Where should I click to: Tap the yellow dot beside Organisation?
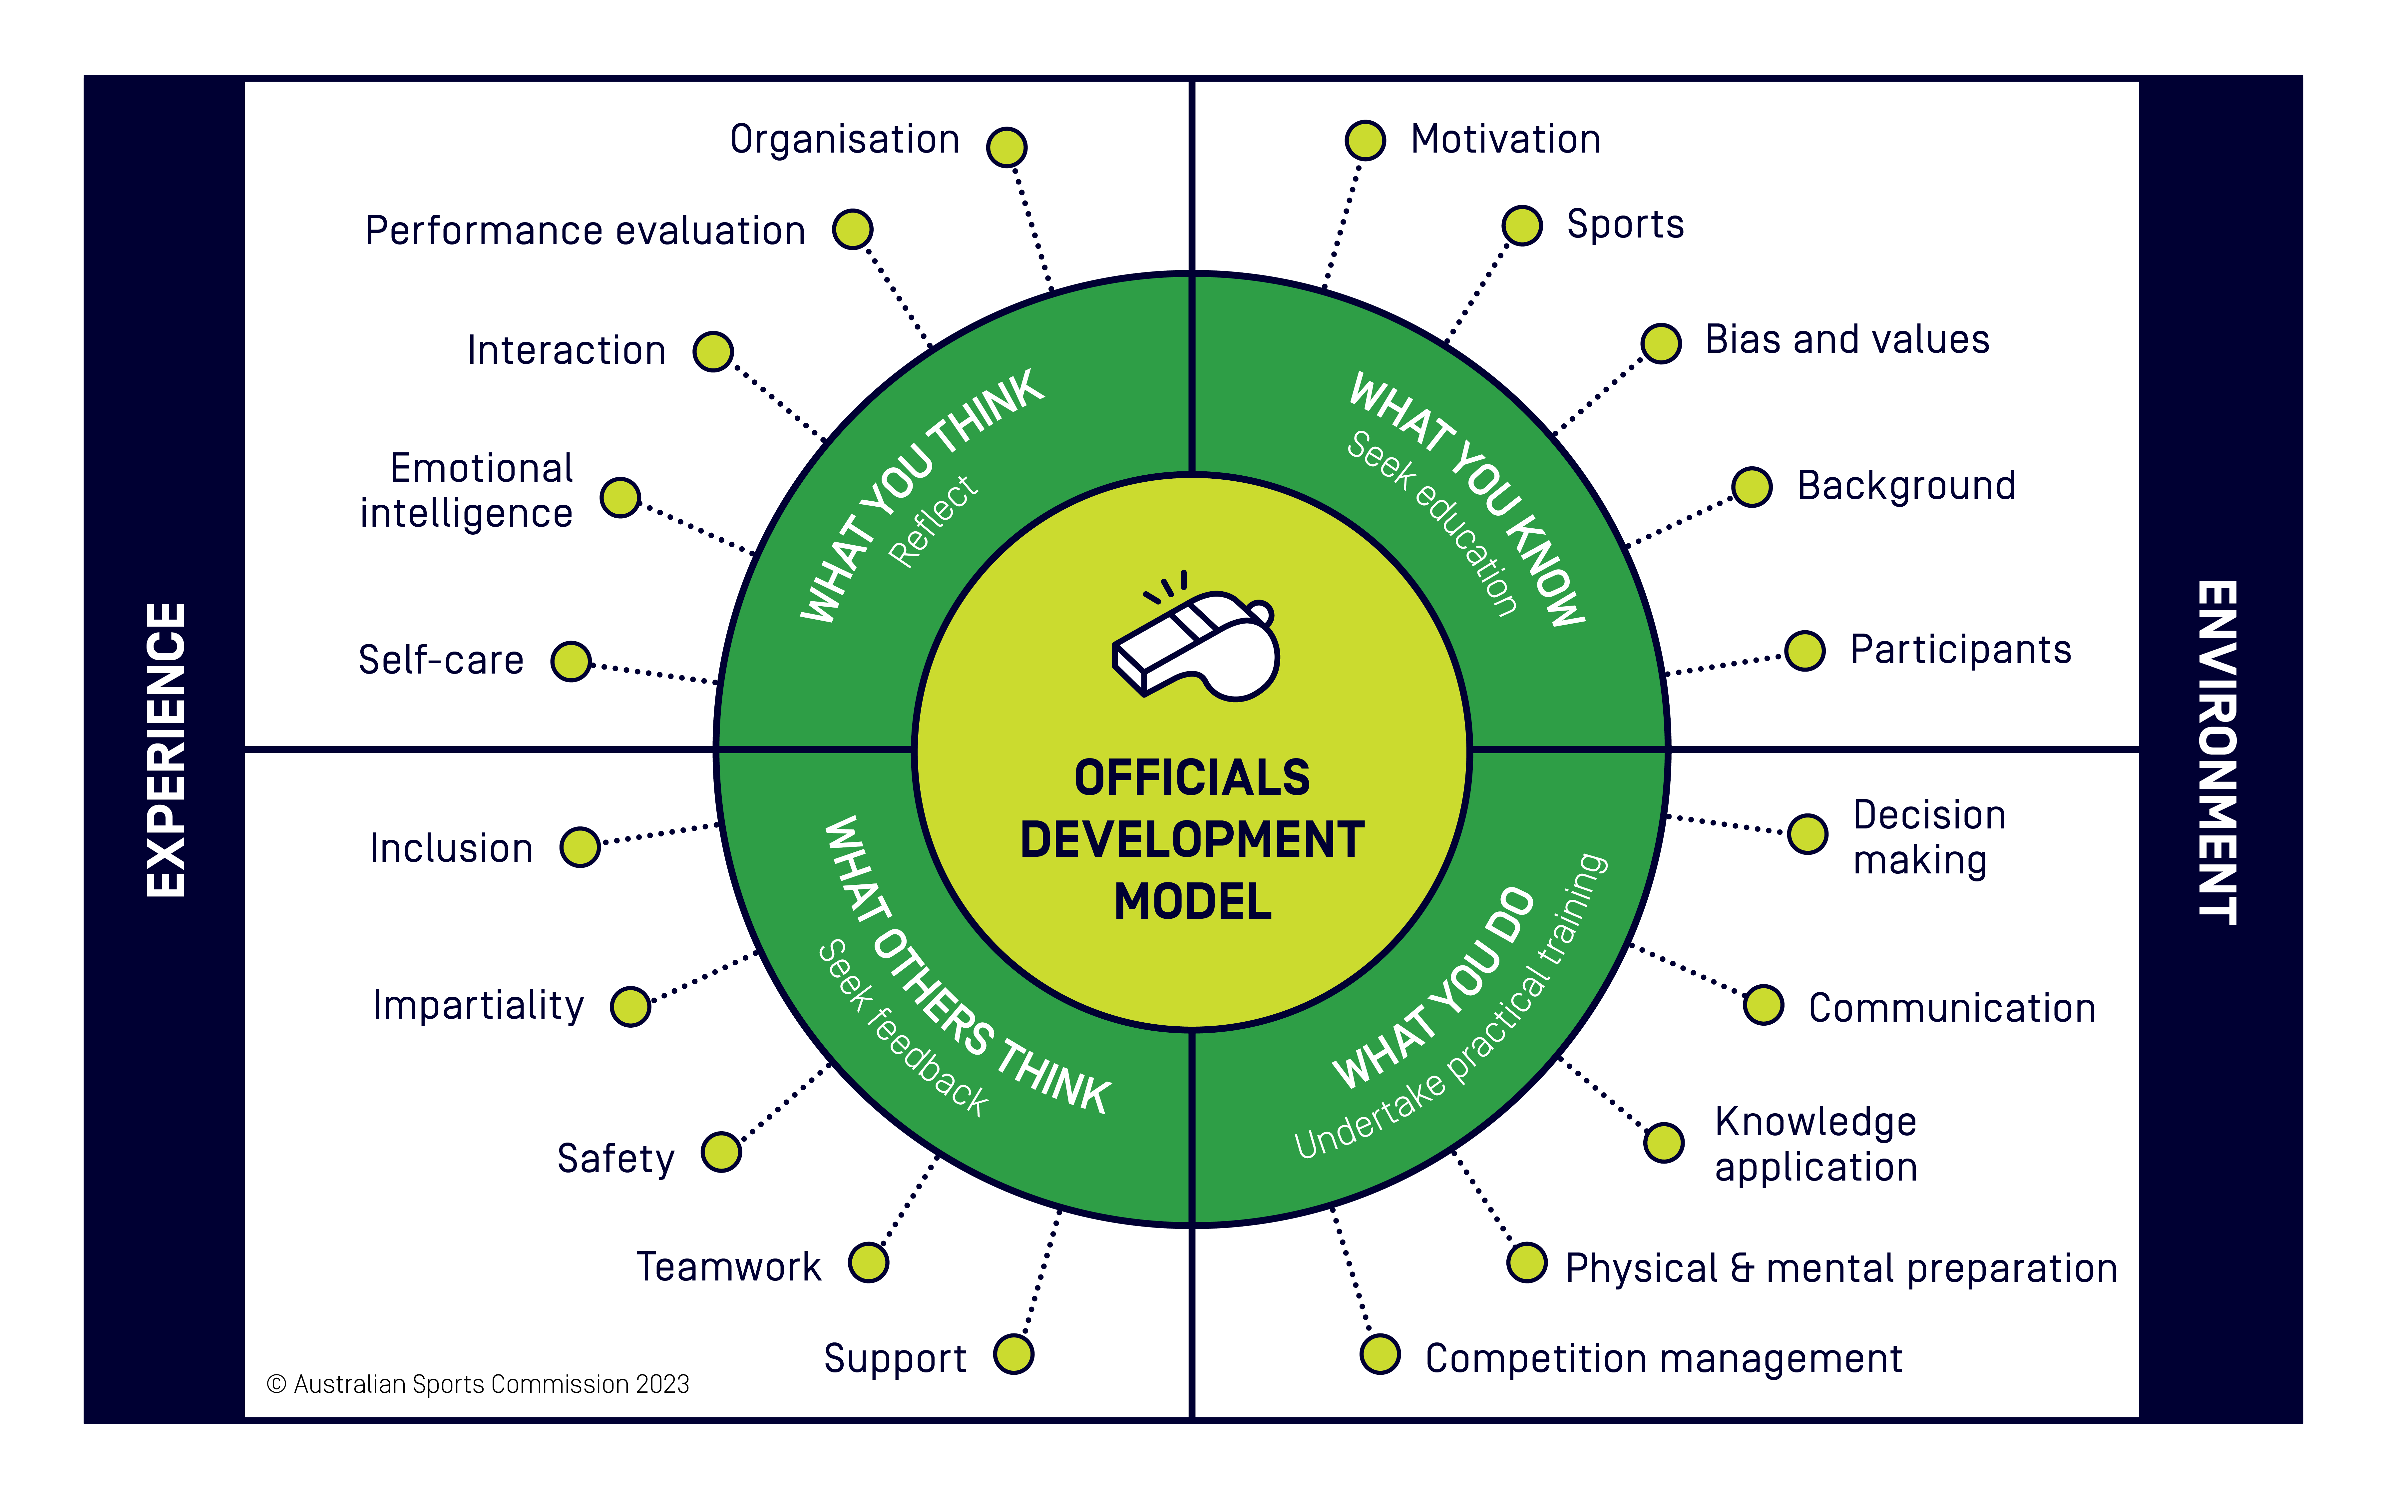click(1006, 147)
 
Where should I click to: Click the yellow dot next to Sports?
click(1522, 225)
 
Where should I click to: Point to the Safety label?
click(615, 1158)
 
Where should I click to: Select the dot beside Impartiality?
click(630, 1006)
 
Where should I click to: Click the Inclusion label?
click(451, 849)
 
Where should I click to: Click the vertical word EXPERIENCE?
click(166, 749)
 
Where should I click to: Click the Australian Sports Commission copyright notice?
click(478, 1384)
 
